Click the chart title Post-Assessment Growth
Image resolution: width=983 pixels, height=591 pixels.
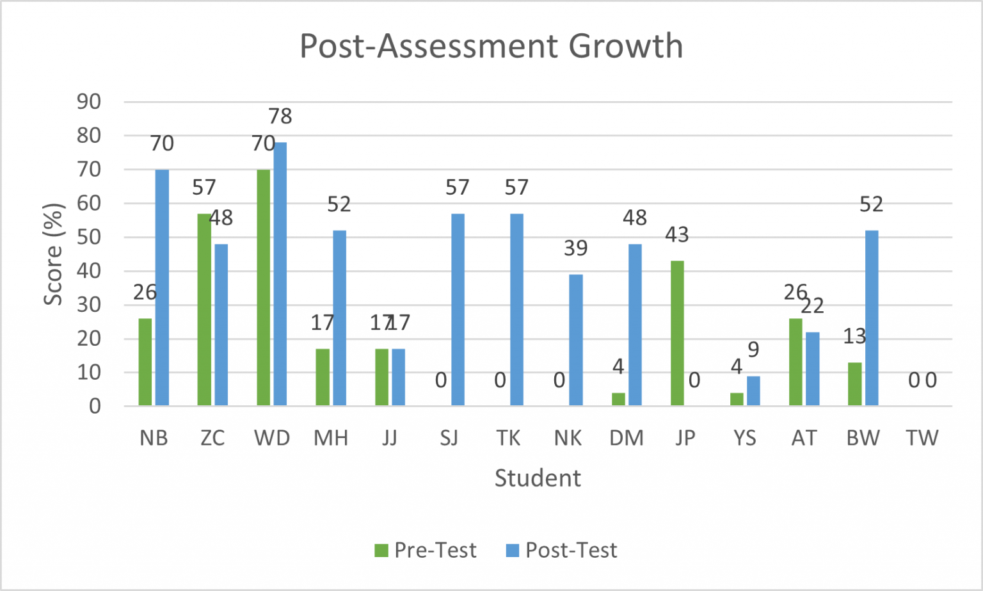pyautogui.click(x=491, y=46)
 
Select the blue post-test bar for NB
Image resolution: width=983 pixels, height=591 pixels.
pyautogui.click(x=162, y=287)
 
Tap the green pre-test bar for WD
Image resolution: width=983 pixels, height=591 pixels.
pyautogui.click(x=263, y=287)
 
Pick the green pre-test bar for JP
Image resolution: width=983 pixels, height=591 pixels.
pyautogui.click(x=677, y=333)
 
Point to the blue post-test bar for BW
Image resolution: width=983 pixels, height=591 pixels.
pyautogui.click(x=872, y=318)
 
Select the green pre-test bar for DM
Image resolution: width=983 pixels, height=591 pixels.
pyautogui.click(x=618, y=399)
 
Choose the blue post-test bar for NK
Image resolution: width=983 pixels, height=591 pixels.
pyautogui.click(x=576, y=340)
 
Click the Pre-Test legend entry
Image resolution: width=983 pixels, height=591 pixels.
pyautogui.click(x=426, y=550)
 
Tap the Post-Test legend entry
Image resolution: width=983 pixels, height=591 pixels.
pyautogui.click(x=562, y=550)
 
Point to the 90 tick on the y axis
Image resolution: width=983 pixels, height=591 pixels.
pyautogui.click(x=89, y=101)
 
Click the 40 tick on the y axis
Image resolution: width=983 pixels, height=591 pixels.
pyautogui.click(x=89, y=271)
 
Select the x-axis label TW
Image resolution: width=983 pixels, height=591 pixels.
pyautogui.click(x=922, y=438)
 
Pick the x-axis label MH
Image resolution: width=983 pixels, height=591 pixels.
pyautogui.click(x=331, y=438)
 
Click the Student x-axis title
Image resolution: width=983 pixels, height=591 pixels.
pyautogui.click(x=538, y=478)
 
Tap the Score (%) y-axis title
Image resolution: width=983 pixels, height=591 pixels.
pyautogui.click(x=54, y=254)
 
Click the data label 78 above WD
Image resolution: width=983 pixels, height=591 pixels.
pyautogui.click(x=280, y=116)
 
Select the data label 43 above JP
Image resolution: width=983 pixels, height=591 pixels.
pyautogui.click(x=677, y=235)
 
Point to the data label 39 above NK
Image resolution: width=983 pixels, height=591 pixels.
pyautogui.click(x=576, y=248)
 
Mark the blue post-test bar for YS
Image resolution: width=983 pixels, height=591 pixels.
pyautogui.click(x=753, y=391)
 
